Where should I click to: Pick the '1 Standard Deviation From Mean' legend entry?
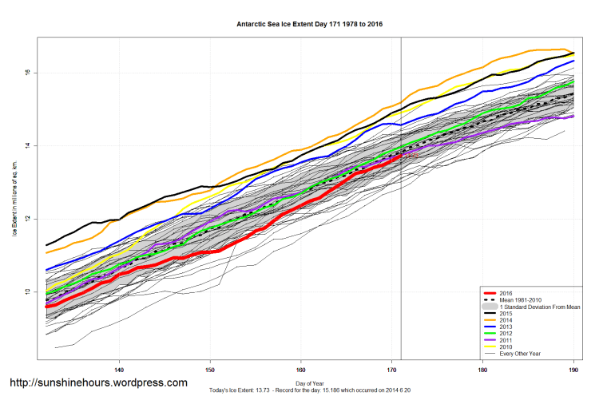coord(538,307)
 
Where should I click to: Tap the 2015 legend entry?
coord(505,314)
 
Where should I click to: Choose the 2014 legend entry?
coord(505,320)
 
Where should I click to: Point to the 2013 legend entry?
coord(505,327)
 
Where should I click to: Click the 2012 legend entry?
coord(505,334)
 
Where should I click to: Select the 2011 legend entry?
coord(505,340)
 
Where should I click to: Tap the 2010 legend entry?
coord(505,347)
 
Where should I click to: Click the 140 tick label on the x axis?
coord(119,370)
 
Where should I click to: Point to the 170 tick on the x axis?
coord(392,370)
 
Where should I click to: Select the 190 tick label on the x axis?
coord(573,370)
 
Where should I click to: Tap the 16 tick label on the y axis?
coord(26,73)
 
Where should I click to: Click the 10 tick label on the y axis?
coord(26,292)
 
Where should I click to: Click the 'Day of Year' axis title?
coord(309,383)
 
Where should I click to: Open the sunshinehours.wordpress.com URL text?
coord(98,382)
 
